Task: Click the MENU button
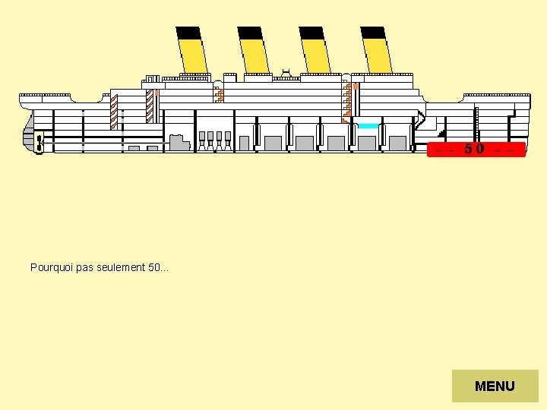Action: coord(495,386)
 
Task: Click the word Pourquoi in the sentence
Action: coord(48,267)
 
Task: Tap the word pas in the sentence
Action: coord(80,267)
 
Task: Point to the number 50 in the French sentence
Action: coord(149,267)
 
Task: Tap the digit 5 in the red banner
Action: coord(470,149)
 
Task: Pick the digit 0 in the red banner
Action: coord(480,149)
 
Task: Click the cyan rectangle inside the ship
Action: coord(368,126)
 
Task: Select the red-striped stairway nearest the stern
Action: coord(114,109)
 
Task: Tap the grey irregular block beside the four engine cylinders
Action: coord(179,142)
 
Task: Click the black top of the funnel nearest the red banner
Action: coord(372,33)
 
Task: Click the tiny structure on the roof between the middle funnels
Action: coord(286,72)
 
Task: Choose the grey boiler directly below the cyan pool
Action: coord(368,143)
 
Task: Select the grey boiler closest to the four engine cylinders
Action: coord(244,143)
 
